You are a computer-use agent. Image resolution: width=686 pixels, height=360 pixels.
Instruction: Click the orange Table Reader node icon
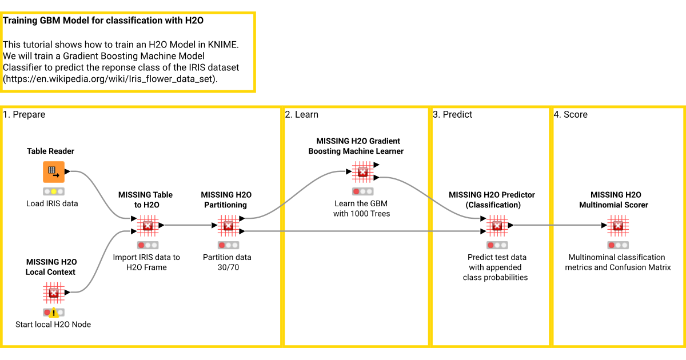pos(54,171)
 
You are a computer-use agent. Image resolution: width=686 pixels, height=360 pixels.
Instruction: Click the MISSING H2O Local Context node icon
pos(54,293)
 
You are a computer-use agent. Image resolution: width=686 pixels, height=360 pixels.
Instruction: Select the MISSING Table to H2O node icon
pos(147,226)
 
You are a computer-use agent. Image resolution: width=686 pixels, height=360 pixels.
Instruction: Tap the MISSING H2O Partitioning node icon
pos(228,226)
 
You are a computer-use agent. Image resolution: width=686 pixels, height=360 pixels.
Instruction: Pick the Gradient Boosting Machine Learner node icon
pos(362,171)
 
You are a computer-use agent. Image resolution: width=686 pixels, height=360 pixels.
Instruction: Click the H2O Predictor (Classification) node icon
pos(497,226)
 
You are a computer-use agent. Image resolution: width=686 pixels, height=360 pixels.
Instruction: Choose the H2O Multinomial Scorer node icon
pos(617,226)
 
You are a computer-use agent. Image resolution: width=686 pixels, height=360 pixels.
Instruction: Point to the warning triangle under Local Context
pos(54,313)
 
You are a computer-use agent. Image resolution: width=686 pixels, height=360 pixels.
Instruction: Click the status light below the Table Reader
pos(54,191)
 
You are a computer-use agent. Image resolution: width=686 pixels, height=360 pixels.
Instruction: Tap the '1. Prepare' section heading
pos(24,115)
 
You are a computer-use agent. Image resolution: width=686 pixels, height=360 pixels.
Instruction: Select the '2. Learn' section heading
pos(302,115)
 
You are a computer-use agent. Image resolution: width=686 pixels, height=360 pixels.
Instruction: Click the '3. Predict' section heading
pos(453,115)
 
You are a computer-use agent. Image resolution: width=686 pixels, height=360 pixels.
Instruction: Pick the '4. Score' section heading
pos(571,115)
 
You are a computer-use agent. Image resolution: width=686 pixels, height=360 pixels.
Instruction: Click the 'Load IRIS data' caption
pos(52,203)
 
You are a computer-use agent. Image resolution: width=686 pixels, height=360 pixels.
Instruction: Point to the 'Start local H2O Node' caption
pos(53,325)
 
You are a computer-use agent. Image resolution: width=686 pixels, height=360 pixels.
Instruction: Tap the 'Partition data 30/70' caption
pos(227,262)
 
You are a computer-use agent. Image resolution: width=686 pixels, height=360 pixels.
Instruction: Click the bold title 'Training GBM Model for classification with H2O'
pos(103,21)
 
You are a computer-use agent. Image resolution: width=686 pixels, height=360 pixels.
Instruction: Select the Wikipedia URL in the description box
pos(110,79)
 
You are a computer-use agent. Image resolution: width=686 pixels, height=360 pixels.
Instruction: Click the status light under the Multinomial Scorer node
pos(617,246)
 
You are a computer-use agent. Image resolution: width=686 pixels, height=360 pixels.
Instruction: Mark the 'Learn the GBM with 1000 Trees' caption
pos(362,209)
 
